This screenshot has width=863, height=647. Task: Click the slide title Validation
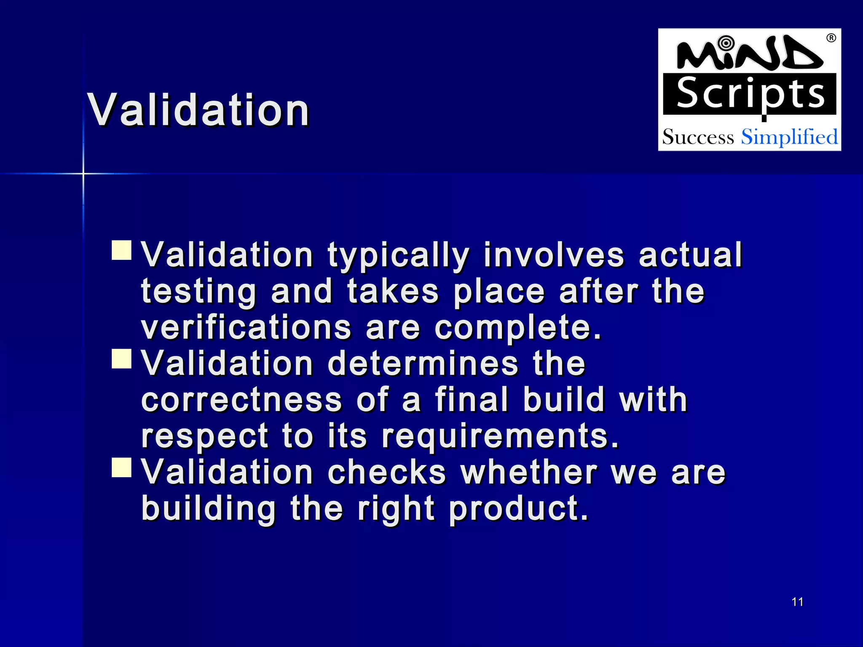pos(198,110)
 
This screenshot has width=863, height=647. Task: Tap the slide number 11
pos(797,602)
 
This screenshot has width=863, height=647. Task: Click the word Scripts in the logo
pos(750,94)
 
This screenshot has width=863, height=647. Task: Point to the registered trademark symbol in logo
pos(831,38)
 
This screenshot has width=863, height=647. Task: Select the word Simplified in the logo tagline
pos(789,137)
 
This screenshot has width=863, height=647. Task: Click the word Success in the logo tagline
pos(698,137)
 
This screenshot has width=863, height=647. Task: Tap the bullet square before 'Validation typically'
pos(122,250)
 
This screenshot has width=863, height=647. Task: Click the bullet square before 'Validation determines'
pos(122,358)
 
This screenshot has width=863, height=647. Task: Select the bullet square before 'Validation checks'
pos(122,467)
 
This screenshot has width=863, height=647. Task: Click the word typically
pos(398,255)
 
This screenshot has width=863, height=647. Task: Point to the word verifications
pos(246,328)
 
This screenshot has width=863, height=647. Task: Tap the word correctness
pos(241,400)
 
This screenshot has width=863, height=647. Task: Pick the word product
pos(518,508)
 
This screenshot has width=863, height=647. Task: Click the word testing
pos(198,291)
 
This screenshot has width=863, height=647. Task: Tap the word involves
pos(554,255)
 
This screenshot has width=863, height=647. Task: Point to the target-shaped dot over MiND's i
pos(726,43)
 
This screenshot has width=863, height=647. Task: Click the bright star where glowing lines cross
pos(83,173)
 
